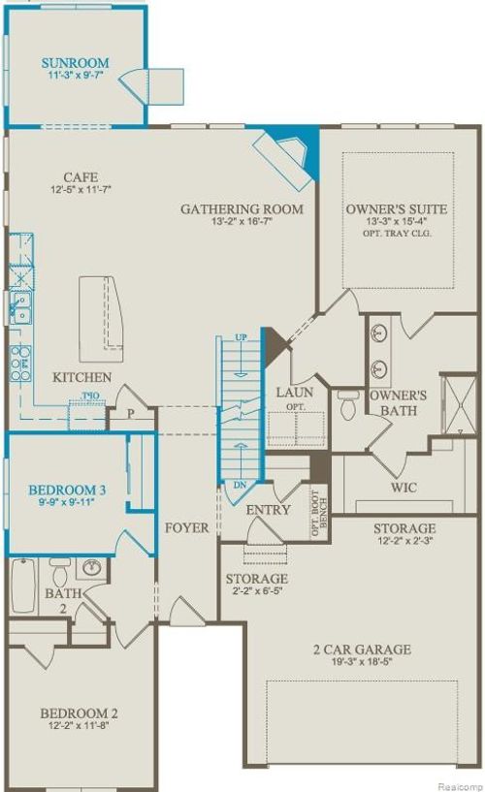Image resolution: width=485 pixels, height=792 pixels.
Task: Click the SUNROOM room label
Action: click(75, 64)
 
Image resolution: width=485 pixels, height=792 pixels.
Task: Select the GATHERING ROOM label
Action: click(242, 208)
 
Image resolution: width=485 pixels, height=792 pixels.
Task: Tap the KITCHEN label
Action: click(81, 377)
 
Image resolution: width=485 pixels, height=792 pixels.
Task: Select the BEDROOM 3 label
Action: click(67, 491)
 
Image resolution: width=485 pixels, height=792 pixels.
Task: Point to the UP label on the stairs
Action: click(242, 336)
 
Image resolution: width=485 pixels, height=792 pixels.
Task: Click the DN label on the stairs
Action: click(240, 483)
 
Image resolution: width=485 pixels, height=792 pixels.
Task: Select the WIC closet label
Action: click(404, 487)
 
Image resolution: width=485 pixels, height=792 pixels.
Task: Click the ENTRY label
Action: click(269, 510)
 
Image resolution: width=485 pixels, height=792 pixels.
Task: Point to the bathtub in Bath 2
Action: click(23, 586)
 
